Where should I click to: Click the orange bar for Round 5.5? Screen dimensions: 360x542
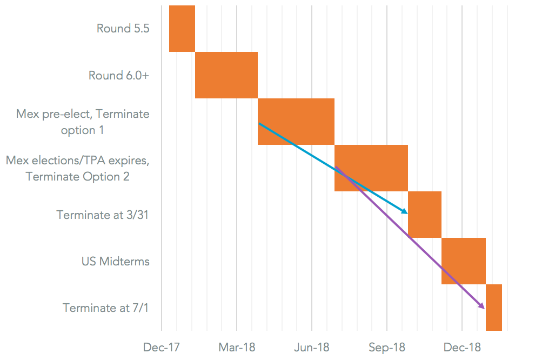click(x=182, y=28)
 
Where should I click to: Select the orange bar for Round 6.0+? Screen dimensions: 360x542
click(x=226, y=75)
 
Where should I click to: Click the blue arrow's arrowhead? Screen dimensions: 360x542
click(x=404, y=211)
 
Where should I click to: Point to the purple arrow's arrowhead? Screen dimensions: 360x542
click(x=481, y=306)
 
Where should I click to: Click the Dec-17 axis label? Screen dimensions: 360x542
click(x=162, y=347)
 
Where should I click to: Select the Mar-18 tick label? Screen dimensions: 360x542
click(x=237, y=347)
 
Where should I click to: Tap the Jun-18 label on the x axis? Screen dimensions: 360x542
click(x=312, y=347)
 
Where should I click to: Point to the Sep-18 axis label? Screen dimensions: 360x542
click(x=387, y=347)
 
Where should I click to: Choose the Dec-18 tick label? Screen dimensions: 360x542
click(x=462, y=347)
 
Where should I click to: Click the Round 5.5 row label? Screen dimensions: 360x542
click(x=123, y=28)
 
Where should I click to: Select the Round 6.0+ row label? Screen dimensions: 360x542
click(x=119, y=75)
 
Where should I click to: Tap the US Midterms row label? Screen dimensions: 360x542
click(x=116, y=261)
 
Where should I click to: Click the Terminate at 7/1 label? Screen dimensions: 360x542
click(x=106, y=308)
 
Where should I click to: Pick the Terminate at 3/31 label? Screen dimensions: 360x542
click(x=103, y=215)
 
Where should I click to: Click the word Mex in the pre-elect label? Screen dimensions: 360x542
click(x=28, y=114)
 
